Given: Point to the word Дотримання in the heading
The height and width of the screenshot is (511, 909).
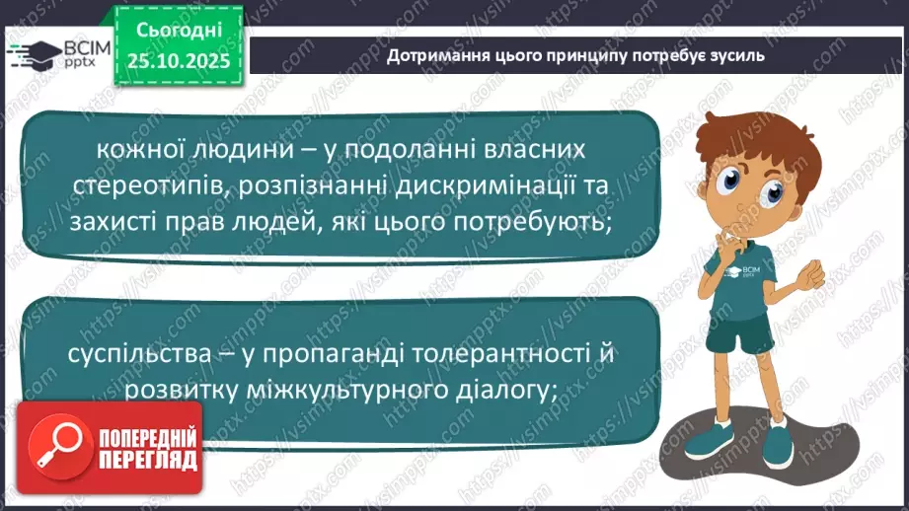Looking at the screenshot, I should (432, 56).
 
